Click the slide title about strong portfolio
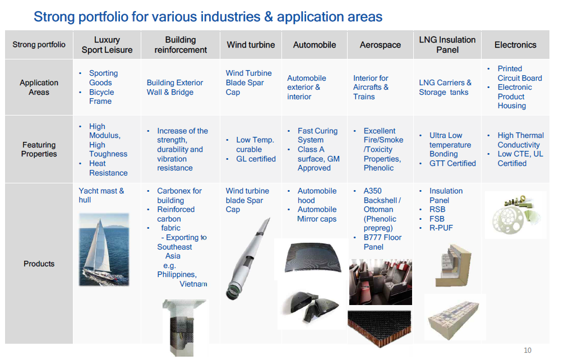[208, 17]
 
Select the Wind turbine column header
[251, 45]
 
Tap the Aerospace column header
[380, 45]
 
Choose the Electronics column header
[515, 45]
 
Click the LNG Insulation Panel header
[447, 45]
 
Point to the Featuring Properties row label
[39, 150]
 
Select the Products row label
[39, 264]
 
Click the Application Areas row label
[39, 87]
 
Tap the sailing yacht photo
[104, 250]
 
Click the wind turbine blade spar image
[248, 259]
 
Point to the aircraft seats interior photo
[380, 281]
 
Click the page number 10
[528, 350]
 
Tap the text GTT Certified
[452, 163]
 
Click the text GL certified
[256, 159]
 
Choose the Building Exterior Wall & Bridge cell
[175, 87]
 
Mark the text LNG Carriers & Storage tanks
[445, 87]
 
